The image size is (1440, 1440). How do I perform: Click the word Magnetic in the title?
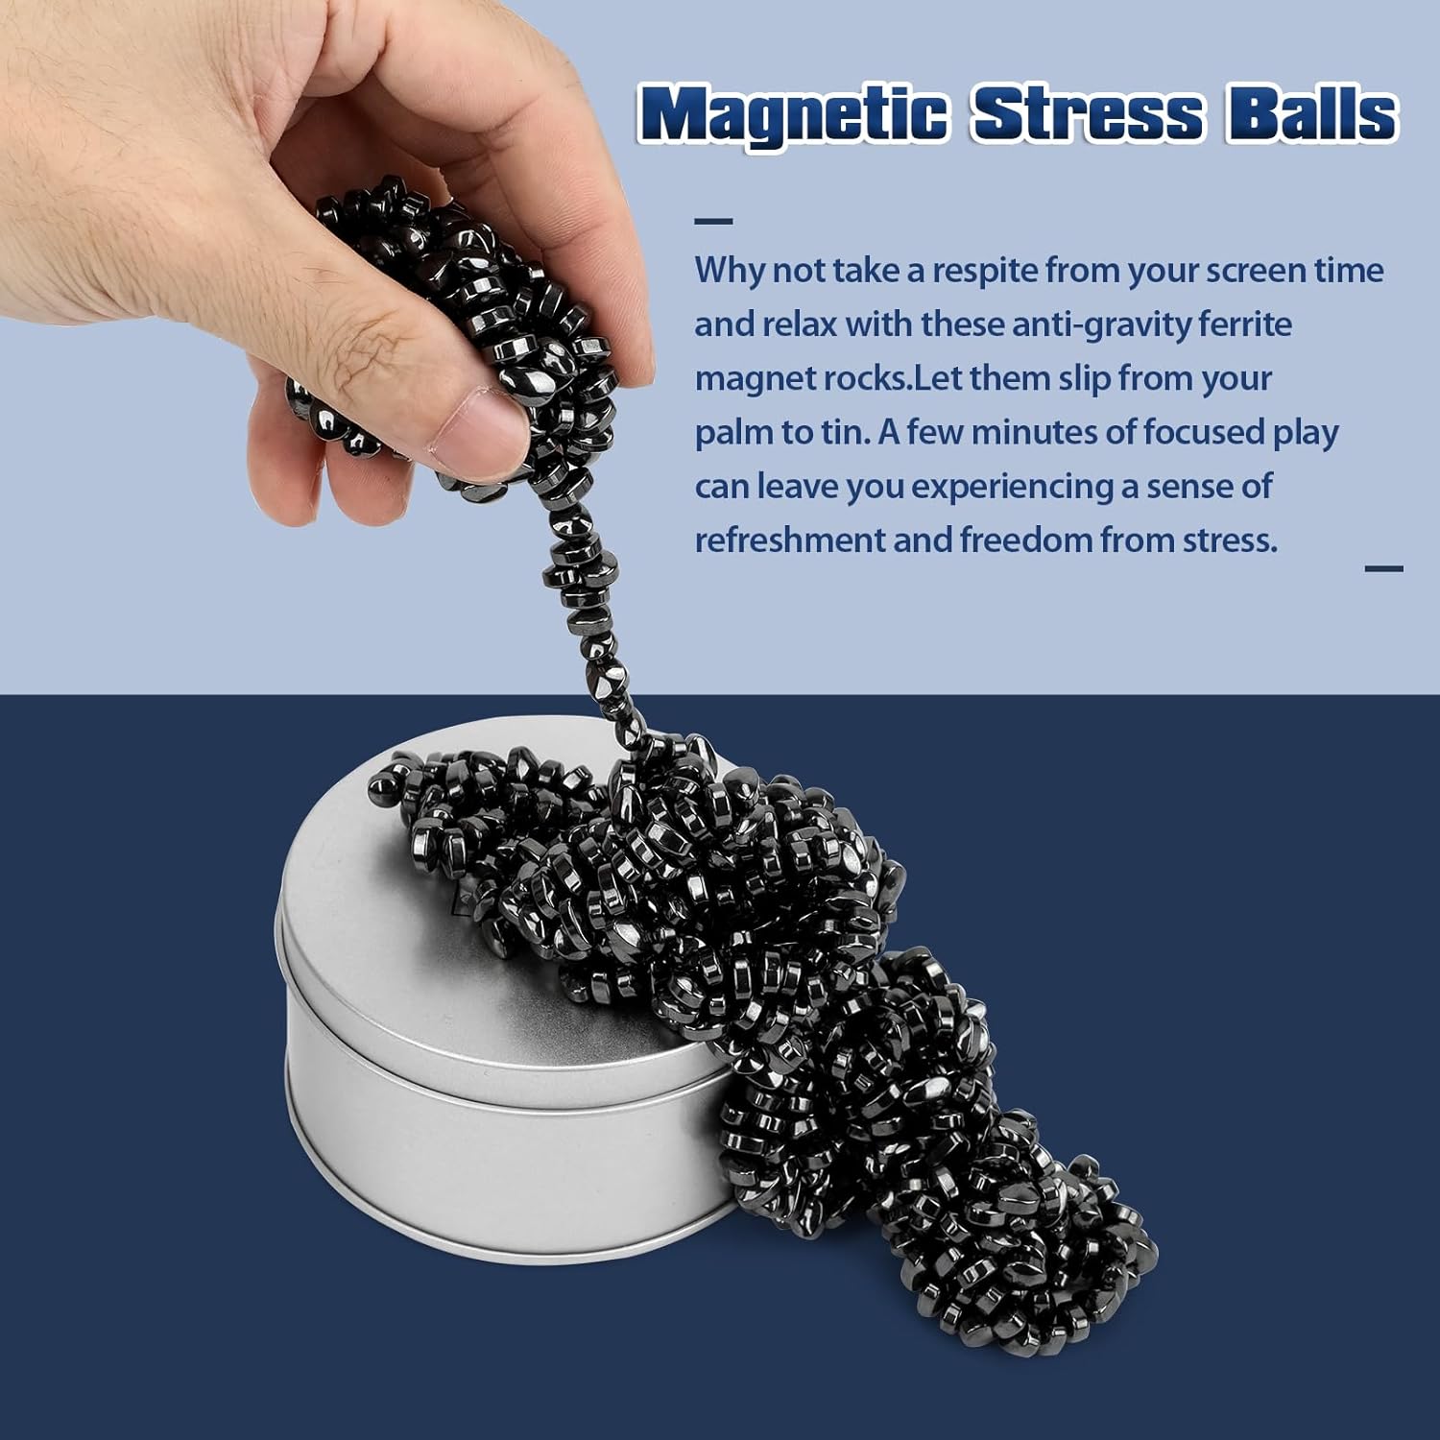pyautogui.click(x=793, y=115)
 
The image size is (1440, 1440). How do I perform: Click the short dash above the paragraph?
pyautogui.click(x=713, y=222)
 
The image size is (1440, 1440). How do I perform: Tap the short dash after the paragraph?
pyautogui.click(x=1383, y=568)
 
